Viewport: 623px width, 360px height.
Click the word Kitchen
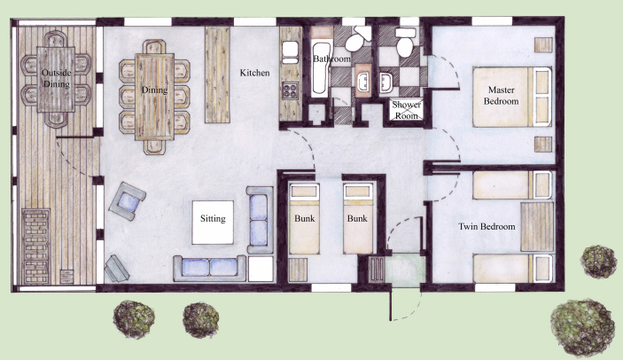[x=255, y=74]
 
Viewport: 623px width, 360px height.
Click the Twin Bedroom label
[x=487, y=227]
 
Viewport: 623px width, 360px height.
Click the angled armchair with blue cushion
[x=127, y=200]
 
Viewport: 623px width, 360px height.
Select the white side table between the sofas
[x=261, y=269]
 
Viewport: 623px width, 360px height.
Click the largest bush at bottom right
[x=583, y=324]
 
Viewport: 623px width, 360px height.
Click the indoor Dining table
[x=154, y=96]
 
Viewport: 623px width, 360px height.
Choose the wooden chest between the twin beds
[x=535, y=227]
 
